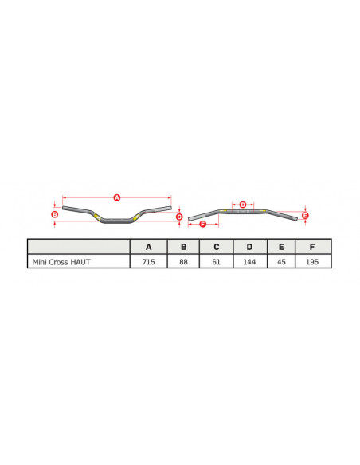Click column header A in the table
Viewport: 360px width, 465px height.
[x=149, y=246]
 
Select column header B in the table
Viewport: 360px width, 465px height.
[x=183, y=246]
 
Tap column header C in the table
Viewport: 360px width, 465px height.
[x=216, y=246]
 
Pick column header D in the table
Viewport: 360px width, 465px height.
[x=249, y=246]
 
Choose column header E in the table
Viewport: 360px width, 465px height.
[x=281, y=246]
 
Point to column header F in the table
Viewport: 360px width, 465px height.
[x=313, y=246]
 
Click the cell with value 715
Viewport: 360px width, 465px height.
[x=149, y=261]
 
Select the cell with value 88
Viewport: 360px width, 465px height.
[x=183, y=261]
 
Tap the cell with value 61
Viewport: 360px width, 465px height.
[x=216, y=261]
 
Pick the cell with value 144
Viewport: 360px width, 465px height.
[x=249, y=261]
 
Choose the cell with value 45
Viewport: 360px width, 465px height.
[x=281, y=261]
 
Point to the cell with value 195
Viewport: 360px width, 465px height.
[x=313, y=261]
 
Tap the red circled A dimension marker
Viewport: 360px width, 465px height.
[x=116, y=197]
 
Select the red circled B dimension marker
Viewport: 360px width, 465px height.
[x=54, y=214]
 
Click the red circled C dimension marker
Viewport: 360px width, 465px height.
[x=179, y=217]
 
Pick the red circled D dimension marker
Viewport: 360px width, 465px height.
[x=243, y=205]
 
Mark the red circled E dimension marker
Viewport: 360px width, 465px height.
[x=305, y=215]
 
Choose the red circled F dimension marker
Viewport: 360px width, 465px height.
[x=202, y=225]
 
